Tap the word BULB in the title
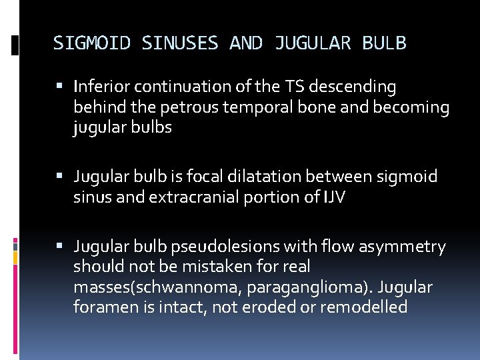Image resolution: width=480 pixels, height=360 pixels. [x=384, y=43]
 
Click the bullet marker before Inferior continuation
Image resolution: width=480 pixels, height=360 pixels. [x=61, y=87]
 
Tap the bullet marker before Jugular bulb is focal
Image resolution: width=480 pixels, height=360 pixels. [x=61, y=177]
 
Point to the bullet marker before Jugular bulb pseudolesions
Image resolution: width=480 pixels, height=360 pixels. [x=61, y=247]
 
